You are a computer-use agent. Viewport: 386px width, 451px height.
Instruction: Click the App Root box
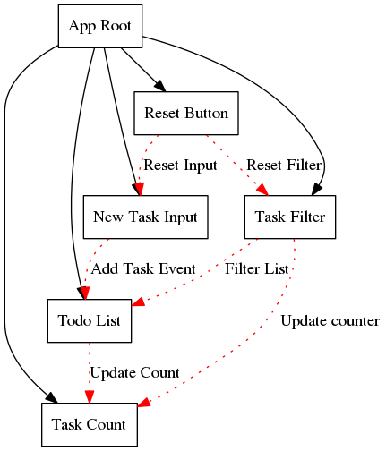tap(100, 26)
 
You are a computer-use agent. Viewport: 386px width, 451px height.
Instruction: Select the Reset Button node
tap(186, 113)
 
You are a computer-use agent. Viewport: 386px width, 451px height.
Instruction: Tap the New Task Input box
tap(145, 217)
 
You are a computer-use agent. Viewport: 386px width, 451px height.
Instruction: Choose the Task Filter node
tap(290, 217)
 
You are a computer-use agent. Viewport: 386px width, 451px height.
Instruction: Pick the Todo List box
tap(90, 320)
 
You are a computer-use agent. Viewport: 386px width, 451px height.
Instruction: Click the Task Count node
tap(90, 424)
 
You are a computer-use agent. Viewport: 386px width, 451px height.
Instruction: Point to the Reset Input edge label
tap(180, 166)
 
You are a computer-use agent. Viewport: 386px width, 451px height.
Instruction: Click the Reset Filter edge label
tap(284, 166)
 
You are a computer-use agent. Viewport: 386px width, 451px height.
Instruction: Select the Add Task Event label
tap(143, 269)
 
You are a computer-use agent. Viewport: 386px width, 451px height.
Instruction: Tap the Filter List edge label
tap(257, 269)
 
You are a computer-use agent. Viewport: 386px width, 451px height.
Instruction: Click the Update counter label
tap(330, 321)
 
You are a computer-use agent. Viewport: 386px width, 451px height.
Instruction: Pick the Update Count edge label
tap(134, 373)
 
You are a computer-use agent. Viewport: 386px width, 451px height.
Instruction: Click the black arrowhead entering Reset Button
tap(160, 86)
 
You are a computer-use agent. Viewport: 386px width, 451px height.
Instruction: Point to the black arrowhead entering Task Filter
tap(317, 190)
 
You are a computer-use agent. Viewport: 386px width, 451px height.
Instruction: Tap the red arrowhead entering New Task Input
tap(139, 190)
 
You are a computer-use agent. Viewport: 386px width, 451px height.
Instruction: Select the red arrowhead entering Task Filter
tap(263, 190)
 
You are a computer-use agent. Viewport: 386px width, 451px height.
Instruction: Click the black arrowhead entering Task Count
tap(52, 398)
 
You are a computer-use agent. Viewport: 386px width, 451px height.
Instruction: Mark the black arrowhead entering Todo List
tap(83, 294)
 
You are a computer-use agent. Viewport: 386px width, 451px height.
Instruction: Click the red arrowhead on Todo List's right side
tap(138, 302)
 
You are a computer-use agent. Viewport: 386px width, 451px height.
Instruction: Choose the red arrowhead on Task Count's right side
tap(144, 402)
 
